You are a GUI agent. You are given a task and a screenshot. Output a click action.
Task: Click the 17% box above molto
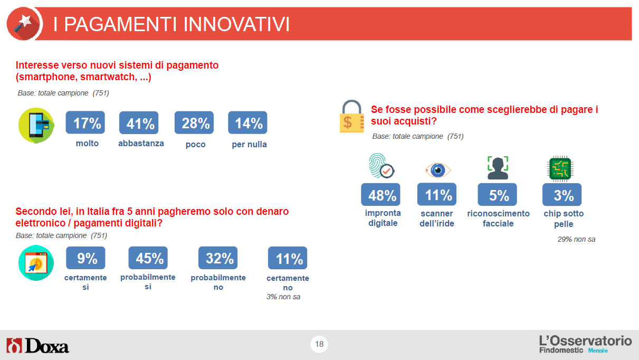pyautogui.click(x=85, y=122)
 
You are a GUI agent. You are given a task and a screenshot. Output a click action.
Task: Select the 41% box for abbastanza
pyautogui.click(x=139, y=122)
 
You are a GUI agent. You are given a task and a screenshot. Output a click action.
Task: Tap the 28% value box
pyautogui.click(x=194, y=122)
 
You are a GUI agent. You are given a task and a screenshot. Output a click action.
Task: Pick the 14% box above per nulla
pyautogui.click(x=247, y=122)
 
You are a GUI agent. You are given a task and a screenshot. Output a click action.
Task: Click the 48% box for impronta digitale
pyautogui.click(x=380, y=195)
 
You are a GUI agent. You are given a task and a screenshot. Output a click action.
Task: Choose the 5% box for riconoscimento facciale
pyautogui.click(x=497, y=195)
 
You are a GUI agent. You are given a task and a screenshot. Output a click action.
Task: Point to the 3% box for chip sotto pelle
pyautogui.click(x=562, y=195)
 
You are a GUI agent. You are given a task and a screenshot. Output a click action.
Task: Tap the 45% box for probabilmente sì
pyautogui.click(x=148, y=258)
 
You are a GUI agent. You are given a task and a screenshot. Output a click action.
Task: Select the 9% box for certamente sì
pyautogui.click(x=85, y=258)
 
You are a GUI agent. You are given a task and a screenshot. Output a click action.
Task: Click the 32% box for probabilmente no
pyautogui.click(x=218, y=258)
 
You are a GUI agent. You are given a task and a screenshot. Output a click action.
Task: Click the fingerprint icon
pyautogui.click(x=382, y=166)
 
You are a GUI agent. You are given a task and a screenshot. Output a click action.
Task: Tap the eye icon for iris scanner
pyautogui.click(x=437, y=170)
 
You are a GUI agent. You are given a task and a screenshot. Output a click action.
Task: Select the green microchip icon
pyautogui.click(x=560, y=168)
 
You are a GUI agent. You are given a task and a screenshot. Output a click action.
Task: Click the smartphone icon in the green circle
pyautogui.click(x=36, y=126)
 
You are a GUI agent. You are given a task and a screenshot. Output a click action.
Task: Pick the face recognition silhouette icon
pyautogui.click(x=498, y=168)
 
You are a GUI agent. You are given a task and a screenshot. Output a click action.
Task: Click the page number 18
pyautogui.click(x=319, y=344)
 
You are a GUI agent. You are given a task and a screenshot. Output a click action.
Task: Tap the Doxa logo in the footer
pyautogui.click(x=37, y=345)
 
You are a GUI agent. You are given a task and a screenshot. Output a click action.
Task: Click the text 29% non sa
pyautogui.click(x=576, y=239)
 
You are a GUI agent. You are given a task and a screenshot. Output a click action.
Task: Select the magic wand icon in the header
pyautogui.click(x=24, y=24)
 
